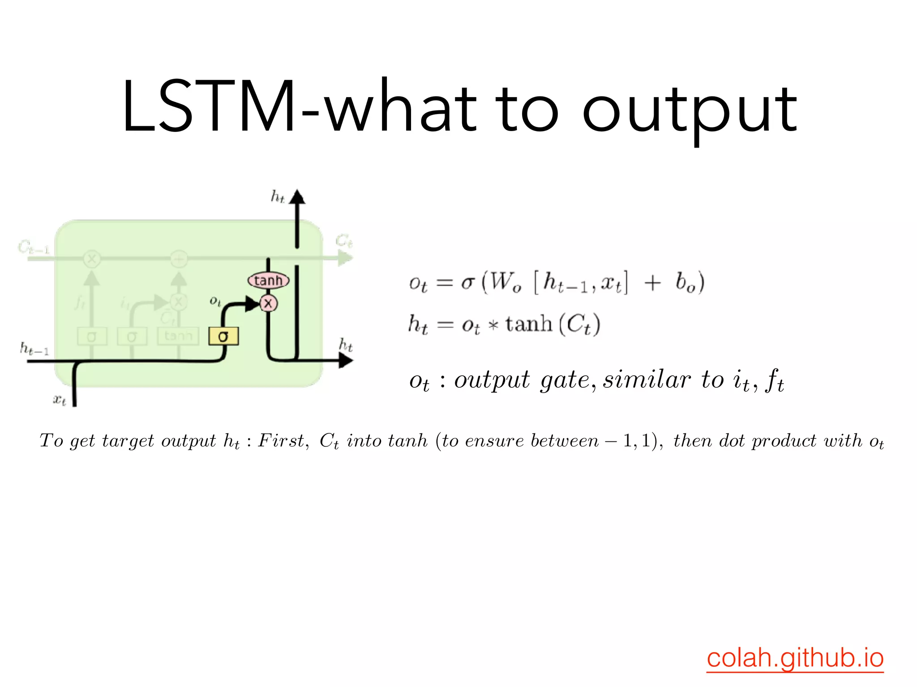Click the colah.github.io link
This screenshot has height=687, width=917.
[795, 658]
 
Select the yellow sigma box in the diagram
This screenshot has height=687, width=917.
[223, 336]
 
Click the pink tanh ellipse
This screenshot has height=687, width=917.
[268, 280]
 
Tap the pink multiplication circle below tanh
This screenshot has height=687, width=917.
[268, 304]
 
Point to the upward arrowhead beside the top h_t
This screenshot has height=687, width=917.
[297, 197]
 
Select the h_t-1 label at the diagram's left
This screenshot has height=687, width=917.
[34, 348]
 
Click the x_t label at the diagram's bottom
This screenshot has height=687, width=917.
[60, 399]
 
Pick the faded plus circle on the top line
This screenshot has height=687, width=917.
[179, 259]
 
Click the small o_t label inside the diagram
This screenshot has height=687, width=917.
[215, 301]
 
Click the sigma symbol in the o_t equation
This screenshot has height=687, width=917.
[467, 283]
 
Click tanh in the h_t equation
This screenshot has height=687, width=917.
[529, 324]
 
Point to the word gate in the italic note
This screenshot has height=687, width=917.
[565, 381]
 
